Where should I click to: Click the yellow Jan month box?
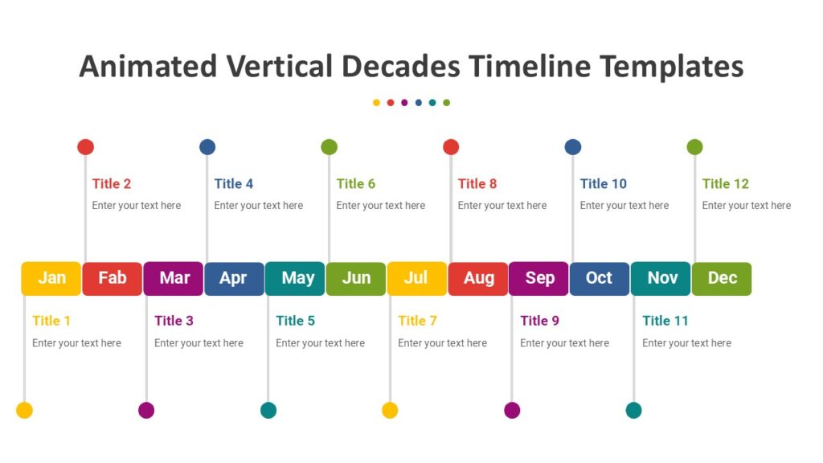pos(51,278)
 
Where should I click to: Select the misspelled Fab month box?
pos(113,278)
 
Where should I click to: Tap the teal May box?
pos(295,278)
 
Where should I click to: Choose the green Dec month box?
pos(722,278)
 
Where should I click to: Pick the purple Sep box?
pos(539,278)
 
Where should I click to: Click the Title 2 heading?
pos(112,183)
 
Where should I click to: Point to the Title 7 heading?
pos(417,321)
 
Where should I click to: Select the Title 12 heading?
pos(725,183)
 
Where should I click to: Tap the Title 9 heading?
pos(539,321)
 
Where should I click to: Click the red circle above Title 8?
pos(451,147)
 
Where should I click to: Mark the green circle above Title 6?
pos(329,147)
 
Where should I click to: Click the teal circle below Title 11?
pos(634,411)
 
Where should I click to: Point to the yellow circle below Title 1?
pos(25,411)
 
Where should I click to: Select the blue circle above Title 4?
pos(207,147)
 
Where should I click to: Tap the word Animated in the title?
pos(148,66)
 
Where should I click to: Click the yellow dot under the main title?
pos(376,103)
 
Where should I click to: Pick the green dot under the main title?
pos(447,103)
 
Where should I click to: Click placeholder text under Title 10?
pos(624,206)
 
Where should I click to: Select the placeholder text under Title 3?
pos(199,343)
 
